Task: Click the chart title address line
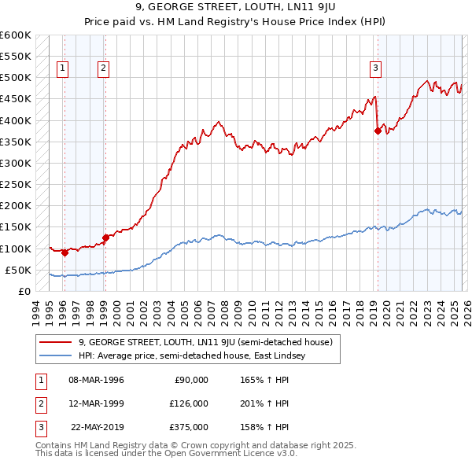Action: pyautogui.click(x=235, y=8)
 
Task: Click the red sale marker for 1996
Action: pyautogui.click(x=65, y=252)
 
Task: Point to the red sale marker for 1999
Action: pyautogui.click(x=105, y=238)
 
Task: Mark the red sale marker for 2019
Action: pyautogui.click(x=378, y=131)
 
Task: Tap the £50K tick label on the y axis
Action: pyautogui.click(x=18, y=270)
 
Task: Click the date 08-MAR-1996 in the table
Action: pyautogui.click(x=96, y=380)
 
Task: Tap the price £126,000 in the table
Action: pyautogui.click(x=189, y=403)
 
